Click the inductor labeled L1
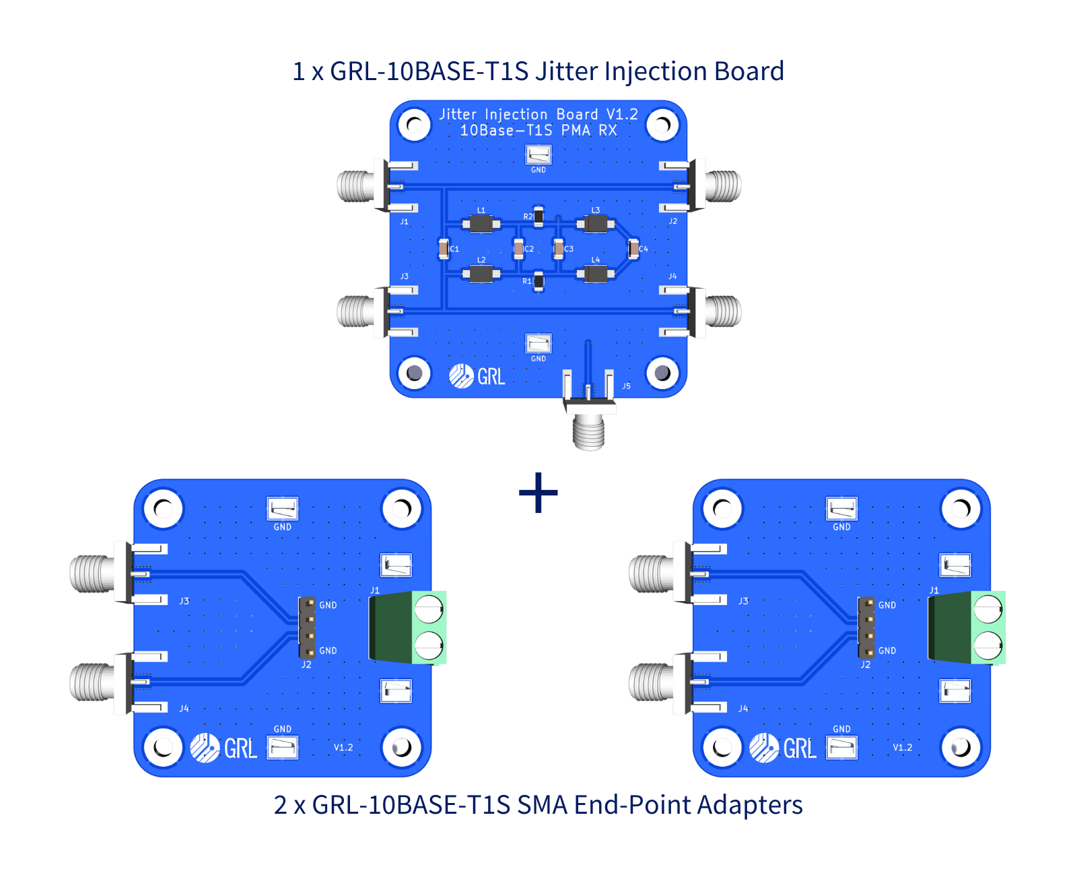481,223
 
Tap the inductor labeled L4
596,274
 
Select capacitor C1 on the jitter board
444,249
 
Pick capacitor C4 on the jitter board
633,249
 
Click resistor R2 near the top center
538,216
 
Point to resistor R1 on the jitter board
538,281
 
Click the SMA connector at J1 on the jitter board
357,186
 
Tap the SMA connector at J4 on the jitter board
722,311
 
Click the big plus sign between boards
538,493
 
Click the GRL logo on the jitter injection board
477,376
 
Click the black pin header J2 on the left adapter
308,627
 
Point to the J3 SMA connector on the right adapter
652,573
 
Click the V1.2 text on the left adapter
343,747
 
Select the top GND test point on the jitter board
538,155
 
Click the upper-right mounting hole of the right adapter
961,509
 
